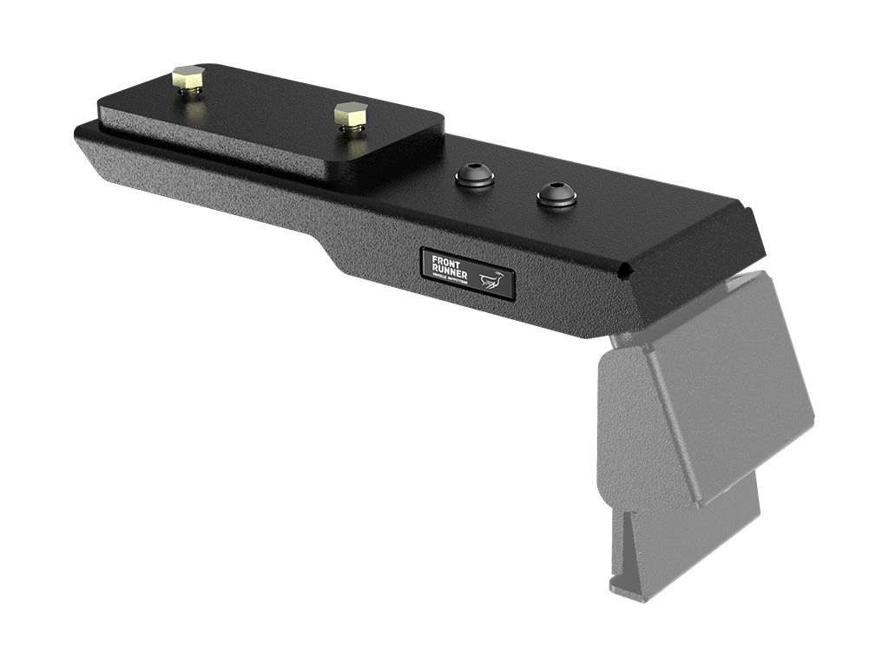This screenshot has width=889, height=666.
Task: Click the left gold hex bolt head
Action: (x=187, y=76)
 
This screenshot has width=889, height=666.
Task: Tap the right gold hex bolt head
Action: (x=350, y=114)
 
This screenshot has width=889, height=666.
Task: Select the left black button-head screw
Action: (x=474, y=176)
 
